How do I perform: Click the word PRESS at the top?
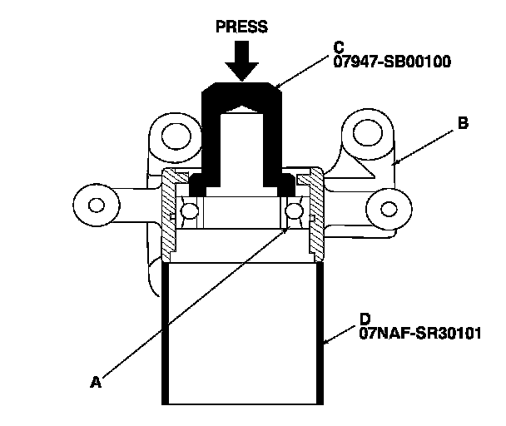tap(241, 27)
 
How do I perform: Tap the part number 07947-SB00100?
tap(380, 62)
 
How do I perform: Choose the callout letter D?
tap(364, 319)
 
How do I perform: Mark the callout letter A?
tap(96, 382)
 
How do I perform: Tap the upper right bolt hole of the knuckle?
tap(365, 129)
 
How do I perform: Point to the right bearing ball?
tap(294, 212)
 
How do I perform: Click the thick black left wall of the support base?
tap(166, 333)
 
